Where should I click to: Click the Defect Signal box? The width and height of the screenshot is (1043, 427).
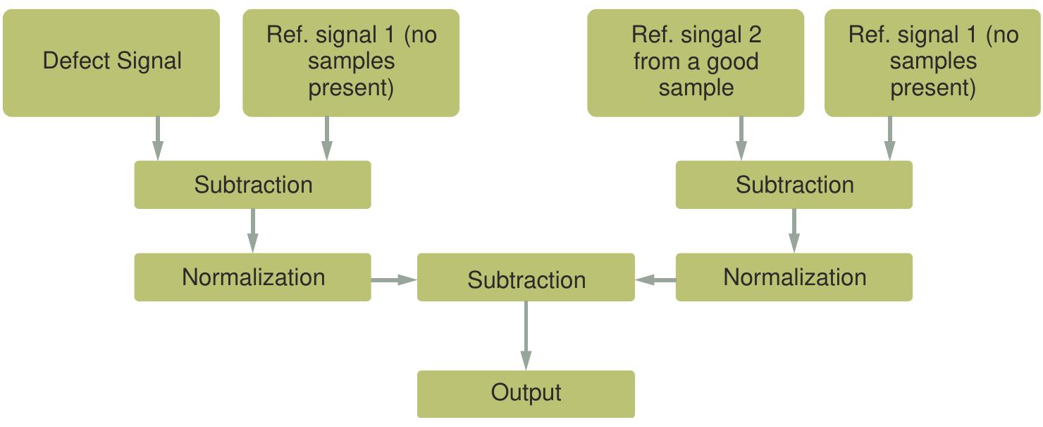coord(111,62)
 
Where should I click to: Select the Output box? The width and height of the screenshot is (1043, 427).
coord(526,393)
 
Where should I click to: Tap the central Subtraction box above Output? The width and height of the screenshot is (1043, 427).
coord(526,280)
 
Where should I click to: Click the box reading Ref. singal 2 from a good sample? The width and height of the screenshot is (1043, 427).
coord(696,62)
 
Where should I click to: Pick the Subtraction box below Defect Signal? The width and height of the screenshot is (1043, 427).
coord(252,185)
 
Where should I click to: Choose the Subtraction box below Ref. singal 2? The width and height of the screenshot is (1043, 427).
coord(794,185)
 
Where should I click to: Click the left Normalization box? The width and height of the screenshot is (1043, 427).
coord(252,277)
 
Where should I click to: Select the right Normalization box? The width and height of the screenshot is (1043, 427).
coord(794,277)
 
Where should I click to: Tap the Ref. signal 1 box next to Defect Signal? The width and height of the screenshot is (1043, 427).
coord(351,62)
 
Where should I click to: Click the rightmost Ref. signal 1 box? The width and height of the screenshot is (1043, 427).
coord(932,62)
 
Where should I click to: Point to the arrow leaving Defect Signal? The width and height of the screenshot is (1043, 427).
coord(158,138)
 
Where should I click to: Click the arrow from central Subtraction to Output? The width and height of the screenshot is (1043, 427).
coord(526,335)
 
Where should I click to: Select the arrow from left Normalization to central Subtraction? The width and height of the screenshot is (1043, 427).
coord(394,280)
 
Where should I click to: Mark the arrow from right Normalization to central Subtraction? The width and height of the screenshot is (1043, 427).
coord(655,280)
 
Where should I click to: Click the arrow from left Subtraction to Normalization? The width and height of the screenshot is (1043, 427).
coord(252,230)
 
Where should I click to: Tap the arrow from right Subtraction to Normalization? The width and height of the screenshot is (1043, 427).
coord(794,230)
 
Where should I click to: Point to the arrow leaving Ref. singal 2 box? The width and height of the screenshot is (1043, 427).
coord(741,138)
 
